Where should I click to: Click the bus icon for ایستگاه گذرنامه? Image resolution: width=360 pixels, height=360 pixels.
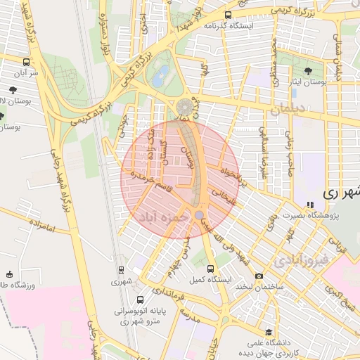coord(229,14)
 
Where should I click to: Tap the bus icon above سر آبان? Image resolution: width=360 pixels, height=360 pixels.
coord(27,62)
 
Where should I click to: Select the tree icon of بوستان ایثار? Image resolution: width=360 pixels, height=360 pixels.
coord(309,70)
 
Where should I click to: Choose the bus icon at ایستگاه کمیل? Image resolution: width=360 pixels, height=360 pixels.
coord(210,269)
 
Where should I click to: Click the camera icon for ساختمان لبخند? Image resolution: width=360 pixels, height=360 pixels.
coord(259,276)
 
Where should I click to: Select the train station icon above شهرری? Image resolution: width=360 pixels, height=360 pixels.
coord(120,269)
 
